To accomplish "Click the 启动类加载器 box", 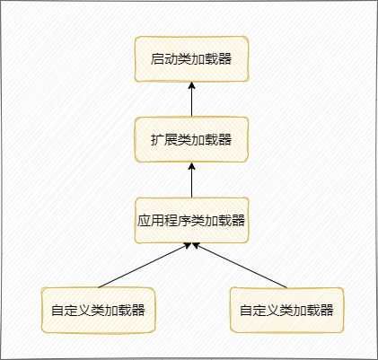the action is coord(191,58).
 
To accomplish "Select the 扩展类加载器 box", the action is coord(191,139).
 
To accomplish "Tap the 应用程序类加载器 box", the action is coord(191,220).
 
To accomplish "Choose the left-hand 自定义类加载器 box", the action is coord(98,310).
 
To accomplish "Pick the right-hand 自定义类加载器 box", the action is coord(286,310).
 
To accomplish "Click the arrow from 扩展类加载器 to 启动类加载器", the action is coord(191,99).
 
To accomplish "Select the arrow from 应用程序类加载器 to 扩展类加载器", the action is coord(191,180).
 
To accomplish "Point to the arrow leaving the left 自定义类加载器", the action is coord(145,266).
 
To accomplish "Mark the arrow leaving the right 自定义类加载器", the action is coord(240,266).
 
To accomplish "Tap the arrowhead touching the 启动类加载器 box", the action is coord(191,85).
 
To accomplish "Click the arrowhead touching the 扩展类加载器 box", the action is coord(191,166).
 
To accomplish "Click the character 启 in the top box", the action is coord(157,59).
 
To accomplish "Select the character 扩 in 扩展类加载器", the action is coord(157,140).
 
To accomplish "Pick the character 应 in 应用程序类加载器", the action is coord(144,221).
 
